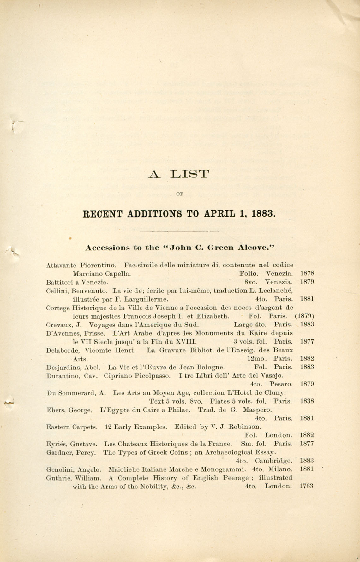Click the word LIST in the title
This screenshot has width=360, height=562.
[x=190, y=174]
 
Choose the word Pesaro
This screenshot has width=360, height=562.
[x=281, y=384]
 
